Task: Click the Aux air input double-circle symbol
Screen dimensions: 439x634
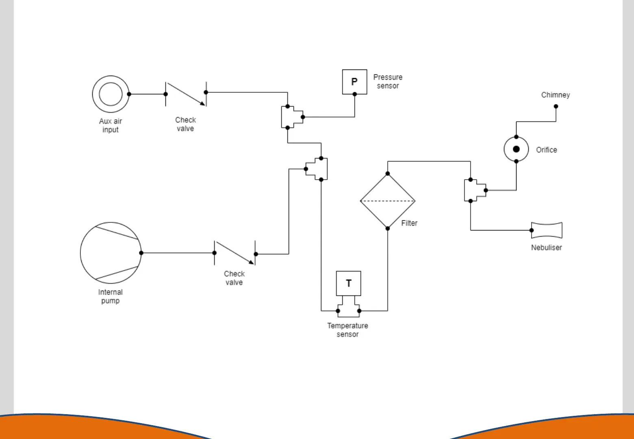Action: (x=111, y=94)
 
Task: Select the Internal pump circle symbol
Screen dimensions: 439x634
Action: (x=111, y=253)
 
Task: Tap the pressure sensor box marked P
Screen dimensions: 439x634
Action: (x=354, y=82)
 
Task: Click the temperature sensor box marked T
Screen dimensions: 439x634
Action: (x=348, y=283)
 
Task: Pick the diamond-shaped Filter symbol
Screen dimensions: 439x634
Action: (x=387, y=211)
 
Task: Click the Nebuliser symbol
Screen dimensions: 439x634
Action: (x=547, y=230)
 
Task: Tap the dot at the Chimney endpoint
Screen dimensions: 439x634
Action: (x=556, y=106)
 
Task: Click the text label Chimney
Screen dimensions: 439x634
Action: (x=555, y=95)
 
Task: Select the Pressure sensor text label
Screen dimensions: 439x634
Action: (x=388, y=81)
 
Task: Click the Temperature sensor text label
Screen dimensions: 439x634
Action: (x=347, y=330)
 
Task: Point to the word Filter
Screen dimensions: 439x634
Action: (x=409, y=223)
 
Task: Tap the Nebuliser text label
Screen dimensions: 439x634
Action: (x=546, y=248)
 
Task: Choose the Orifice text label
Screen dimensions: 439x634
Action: (x=546, y=150)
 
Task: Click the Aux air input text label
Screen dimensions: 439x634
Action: (x=111, y=125)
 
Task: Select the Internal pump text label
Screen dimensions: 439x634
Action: (x=110, y=296)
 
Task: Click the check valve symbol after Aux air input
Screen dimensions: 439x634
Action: (x=186, y=94)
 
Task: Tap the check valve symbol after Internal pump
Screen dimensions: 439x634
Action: (x=235, y=253)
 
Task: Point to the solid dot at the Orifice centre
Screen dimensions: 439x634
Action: (x=516, y=149)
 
